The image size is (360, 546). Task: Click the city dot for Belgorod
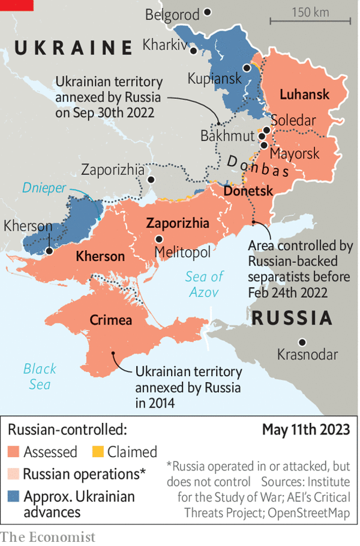point(208,11)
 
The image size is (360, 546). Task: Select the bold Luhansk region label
point(304,94)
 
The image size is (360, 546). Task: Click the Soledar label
point(293,121)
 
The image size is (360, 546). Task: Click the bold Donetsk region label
point(248,191)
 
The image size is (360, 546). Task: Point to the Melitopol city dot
point(158,239)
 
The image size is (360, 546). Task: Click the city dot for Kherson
point(49,251)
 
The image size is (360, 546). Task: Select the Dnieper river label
point(44,188)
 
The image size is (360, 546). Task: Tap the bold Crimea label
point(111,320)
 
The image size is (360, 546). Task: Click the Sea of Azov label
point(205,284)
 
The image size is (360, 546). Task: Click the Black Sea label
point(40,376)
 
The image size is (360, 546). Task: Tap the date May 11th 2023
point(306,430)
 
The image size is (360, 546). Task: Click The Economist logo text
point(47,536)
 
